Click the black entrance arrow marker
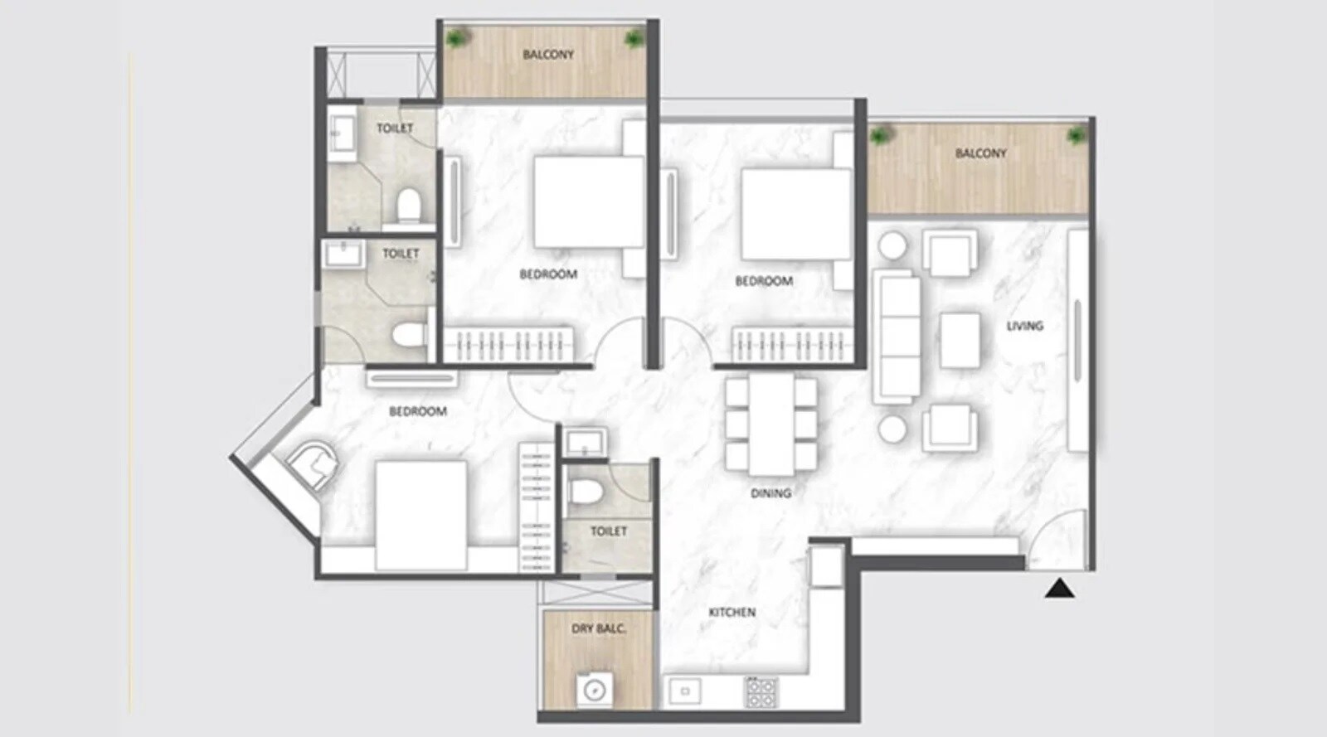(x=1059, y=589)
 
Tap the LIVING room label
(x=1024, y=326)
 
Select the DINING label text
(x=770, y=493)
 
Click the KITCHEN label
(x=732, y=613)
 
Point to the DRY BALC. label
(x=598, y=629)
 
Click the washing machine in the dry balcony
(x=595, y=689)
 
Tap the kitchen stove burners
(x=761, y=691)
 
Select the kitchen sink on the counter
(x=685, y=691)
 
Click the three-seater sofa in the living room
(x=897, y=336)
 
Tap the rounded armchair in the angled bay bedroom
(x=313, y=463)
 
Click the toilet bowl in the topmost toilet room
(x=408, y=206)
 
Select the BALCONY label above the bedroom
(x=547, y=55)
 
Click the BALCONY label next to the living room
(x=980, y=153)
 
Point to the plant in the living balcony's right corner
(x=1076, y=135)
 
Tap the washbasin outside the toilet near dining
(x=585, y=441)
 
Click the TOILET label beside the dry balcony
(x=608, y=531)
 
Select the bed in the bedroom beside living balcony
(x=795, y=214)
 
